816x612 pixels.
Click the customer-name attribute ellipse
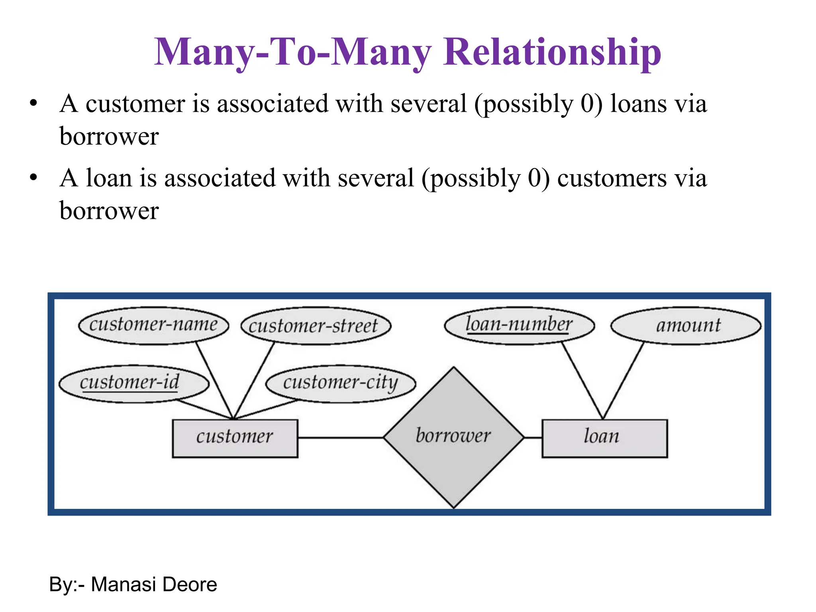pyautogui.click(x=153, y=325)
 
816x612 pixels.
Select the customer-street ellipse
pyautogui.click(x=316, y=326)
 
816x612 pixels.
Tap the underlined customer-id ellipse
pyautogui.click(x=133, y=383)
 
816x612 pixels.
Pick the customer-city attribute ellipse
pyautogui.click(x=341, y=383)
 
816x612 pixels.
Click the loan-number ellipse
pyautogui.click(x=519, y=325)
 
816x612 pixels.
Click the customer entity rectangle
pyautogui.click(x=235, y=438)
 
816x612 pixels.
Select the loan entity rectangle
pyautogui.click(x=604, y=438)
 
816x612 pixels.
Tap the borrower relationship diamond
pyautogui.click(x=453, y=437)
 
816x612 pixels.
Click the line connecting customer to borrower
pyautogui.click(x=341, y=437)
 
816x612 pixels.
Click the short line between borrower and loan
pyautogui.click(x=533, y=437)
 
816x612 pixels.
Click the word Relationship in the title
pyautogui.click(x=552, y=52)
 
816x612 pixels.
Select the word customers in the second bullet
pyautogui.click(x=612, y=178)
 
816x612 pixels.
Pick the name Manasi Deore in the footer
pyautogui.click(x=154, y=585)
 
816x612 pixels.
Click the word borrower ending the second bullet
pyautogui.click(x=109, y=211)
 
